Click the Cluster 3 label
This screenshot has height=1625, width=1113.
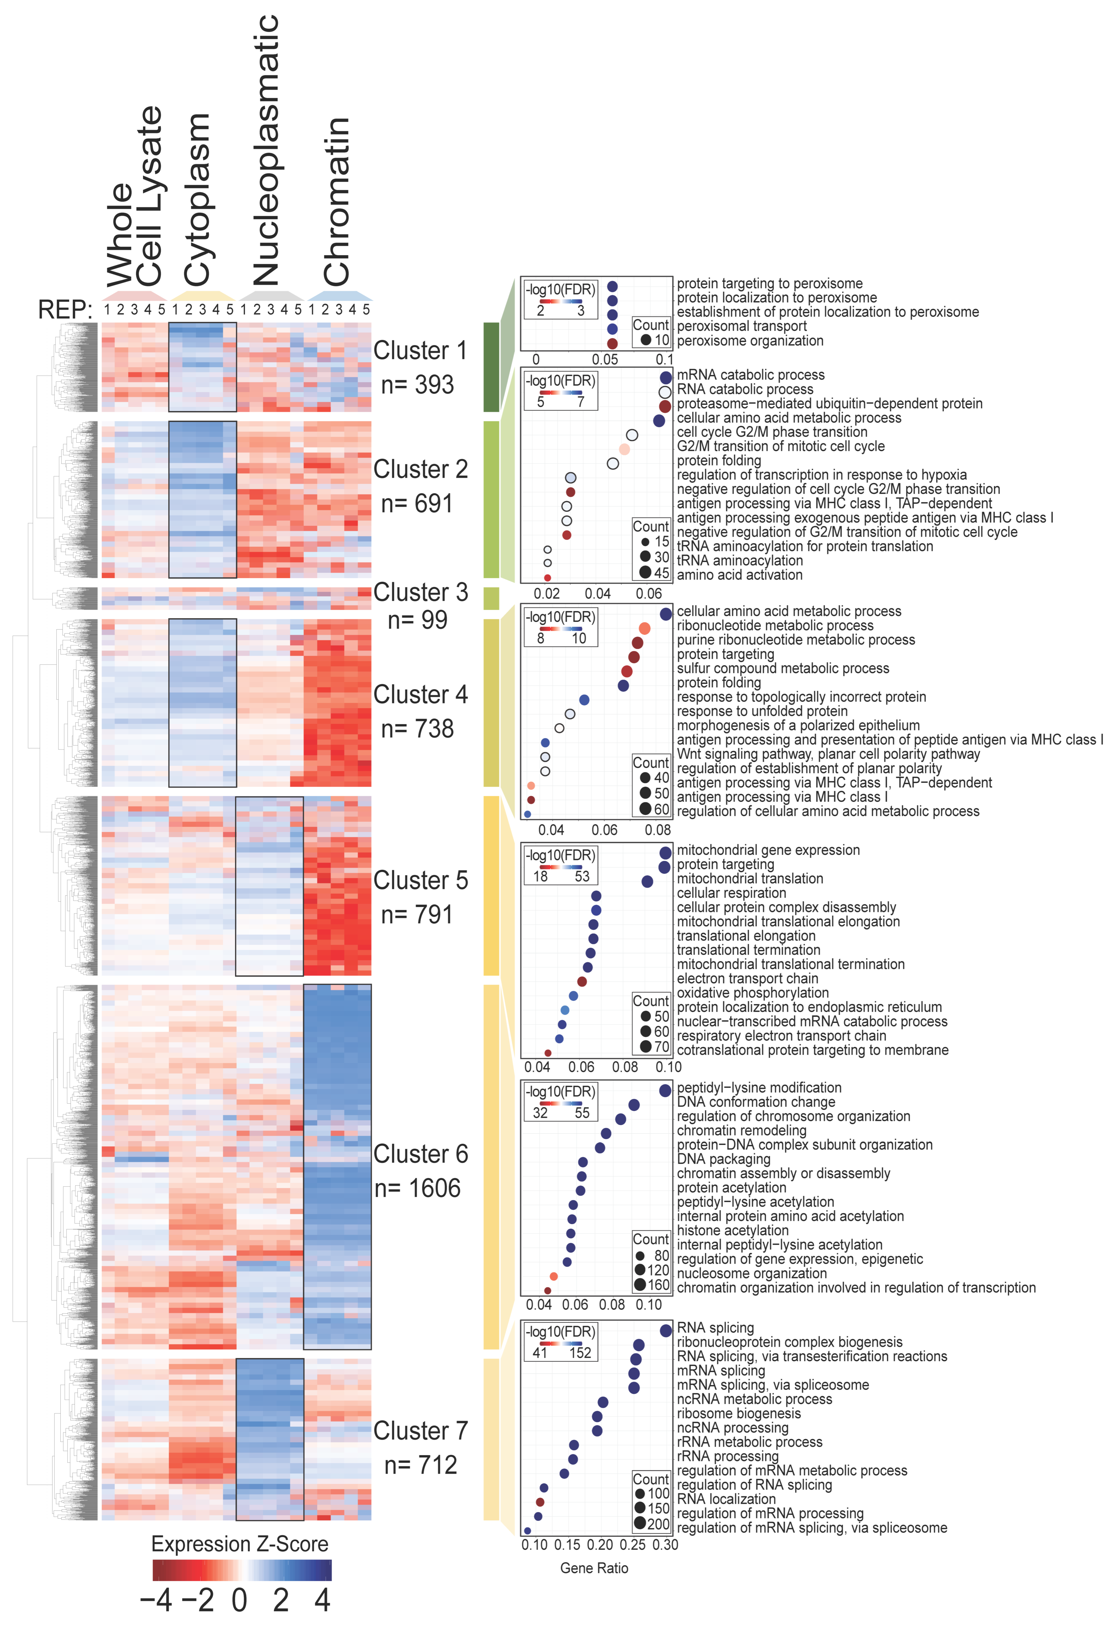click(x=420, y=592)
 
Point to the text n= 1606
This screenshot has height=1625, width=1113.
click(x=417, y=1188)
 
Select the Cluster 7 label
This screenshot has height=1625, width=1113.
click(x=420, y=1431)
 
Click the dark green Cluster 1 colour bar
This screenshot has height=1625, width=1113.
click(x=491, y=367)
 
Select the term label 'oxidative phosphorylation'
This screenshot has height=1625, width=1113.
click(x=752, y=993)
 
